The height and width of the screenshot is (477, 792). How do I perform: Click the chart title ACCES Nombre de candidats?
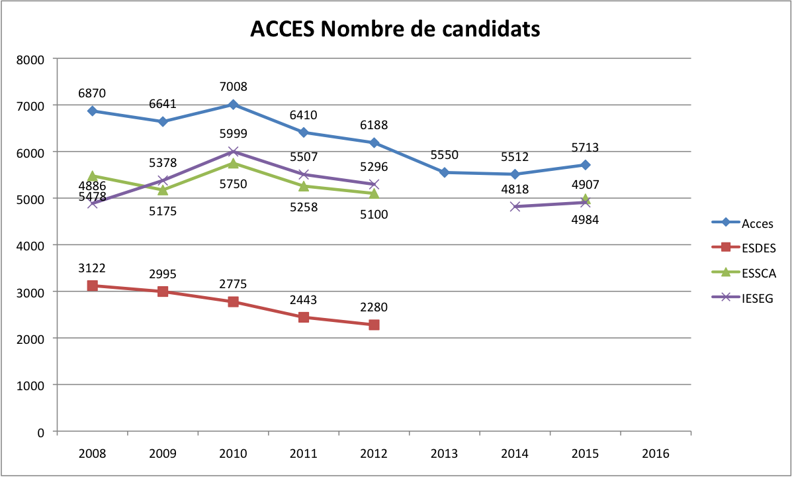click(x=395, y=29)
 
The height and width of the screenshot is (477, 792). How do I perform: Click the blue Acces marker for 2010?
click(x=233, y=105)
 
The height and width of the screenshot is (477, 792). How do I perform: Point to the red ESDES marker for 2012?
click(x=374, y=325)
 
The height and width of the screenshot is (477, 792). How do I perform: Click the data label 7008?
click(x=233, y=86)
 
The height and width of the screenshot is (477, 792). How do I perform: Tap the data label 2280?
click(x=374, y=307)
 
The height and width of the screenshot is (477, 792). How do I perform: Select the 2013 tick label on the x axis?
click(x=444, y=454)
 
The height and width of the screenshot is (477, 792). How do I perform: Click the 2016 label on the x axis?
click(x=655, y=454)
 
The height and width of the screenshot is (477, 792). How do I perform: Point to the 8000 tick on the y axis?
click(x=30, y=59)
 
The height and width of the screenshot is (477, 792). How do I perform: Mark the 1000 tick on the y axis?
click(x=30, y=385)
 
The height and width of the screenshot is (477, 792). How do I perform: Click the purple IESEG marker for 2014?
click(x=515, y=207)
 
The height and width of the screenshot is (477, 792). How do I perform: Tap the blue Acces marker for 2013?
click(x=444, y=172)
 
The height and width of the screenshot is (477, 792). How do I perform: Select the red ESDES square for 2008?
click(x=93, y=286)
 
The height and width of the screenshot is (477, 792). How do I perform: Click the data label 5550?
click(x=444, y=155)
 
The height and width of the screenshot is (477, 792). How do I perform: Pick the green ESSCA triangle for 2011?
click(x=304, y=186)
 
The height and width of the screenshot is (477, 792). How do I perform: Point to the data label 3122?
click(x=93, y=268)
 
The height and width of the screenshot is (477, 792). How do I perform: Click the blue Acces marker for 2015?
click(x=585, y=165)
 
